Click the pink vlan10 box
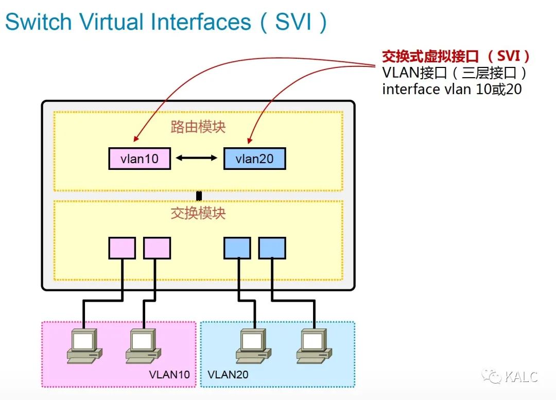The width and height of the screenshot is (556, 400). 140,159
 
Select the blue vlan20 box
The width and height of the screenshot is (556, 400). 254,159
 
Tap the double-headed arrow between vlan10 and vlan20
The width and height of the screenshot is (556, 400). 197,158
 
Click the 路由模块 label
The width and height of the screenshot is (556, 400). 198,127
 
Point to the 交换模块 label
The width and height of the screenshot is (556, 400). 198,213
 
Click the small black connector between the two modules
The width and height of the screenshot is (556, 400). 199,196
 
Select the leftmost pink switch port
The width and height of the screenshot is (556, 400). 122,248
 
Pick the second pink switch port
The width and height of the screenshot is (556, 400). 157,248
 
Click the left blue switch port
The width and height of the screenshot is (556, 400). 237,248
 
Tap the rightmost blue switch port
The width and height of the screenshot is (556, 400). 272,248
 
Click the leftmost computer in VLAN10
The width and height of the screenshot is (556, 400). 84,346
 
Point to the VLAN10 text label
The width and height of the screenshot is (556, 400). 169,374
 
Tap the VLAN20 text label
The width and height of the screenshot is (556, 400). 228,374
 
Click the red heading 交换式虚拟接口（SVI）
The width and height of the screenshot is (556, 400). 456,56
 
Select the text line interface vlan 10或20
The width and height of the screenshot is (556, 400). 452,89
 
